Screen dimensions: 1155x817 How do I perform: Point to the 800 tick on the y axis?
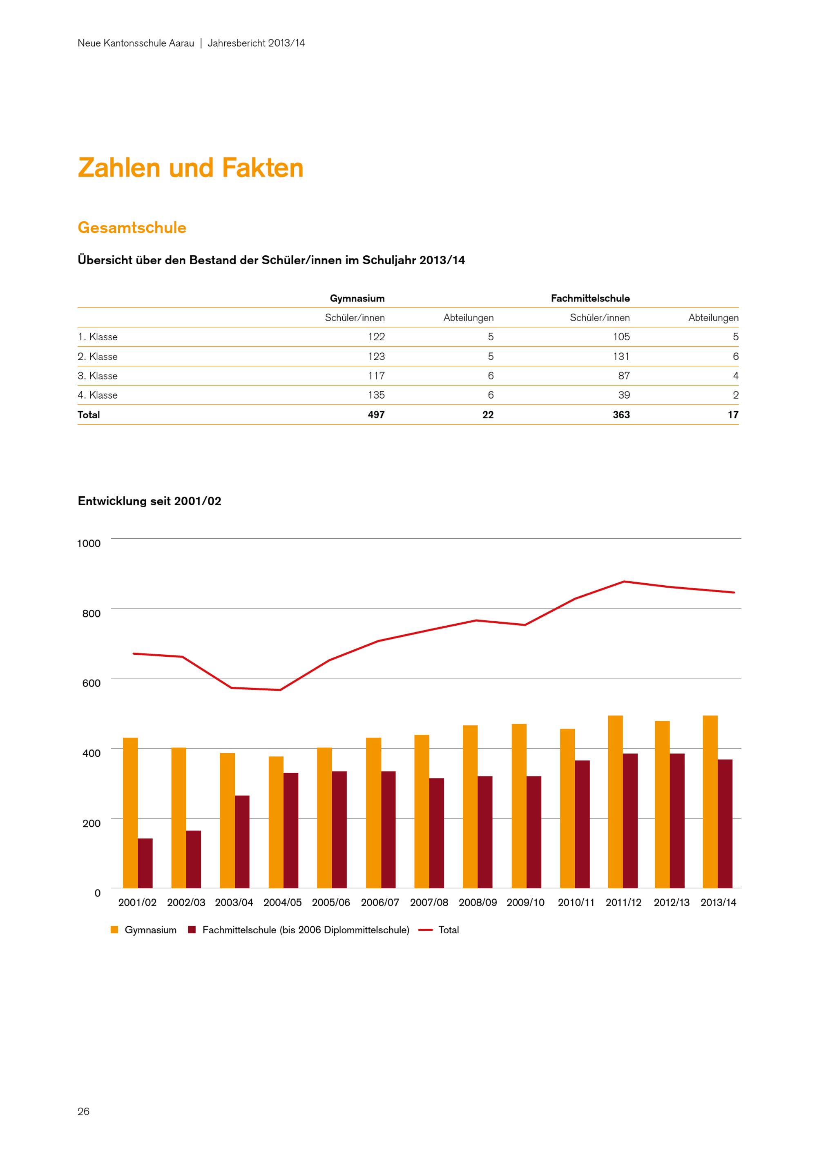pos(92,613)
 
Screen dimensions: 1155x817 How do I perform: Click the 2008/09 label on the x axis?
pos(478,903)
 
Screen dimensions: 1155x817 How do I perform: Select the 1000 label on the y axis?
pos(89,543)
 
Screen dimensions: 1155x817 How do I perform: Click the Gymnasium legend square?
pos(114,930)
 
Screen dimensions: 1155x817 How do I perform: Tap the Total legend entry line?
pos(426,930)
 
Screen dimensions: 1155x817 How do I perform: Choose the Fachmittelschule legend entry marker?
pos(192,930)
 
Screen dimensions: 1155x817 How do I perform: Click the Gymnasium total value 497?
pos(376,415)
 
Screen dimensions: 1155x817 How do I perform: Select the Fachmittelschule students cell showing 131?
pos(621,356)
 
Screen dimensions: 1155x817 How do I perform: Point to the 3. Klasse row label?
pos(98,376)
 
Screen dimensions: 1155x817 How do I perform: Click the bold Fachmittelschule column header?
pos(590,298)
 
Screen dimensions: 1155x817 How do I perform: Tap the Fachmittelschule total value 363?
pos(621,415)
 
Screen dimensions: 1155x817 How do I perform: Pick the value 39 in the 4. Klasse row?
pos(624,395)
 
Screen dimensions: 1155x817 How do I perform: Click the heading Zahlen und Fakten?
pos(191,167)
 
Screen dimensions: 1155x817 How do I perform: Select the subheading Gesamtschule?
pos(132,227)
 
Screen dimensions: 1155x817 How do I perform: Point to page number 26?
pos(83,1111)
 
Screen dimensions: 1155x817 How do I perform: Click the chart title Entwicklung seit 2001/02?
pos(150,501)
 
